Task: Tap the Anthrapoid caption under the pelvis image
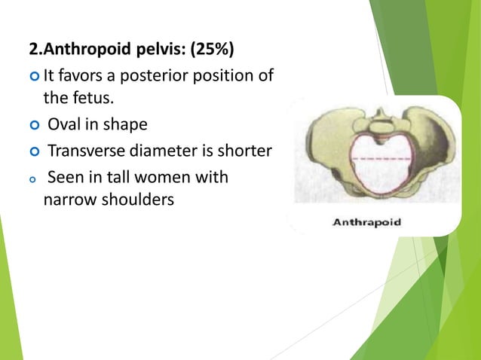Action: [367, 222]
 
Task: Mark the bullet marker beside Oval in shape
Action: [34, 124]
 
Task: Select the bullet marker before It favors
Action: [34, 76]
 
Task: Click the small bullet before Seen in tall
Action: [34, 180]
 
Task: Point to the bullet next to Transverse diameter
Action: [34, 152]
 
